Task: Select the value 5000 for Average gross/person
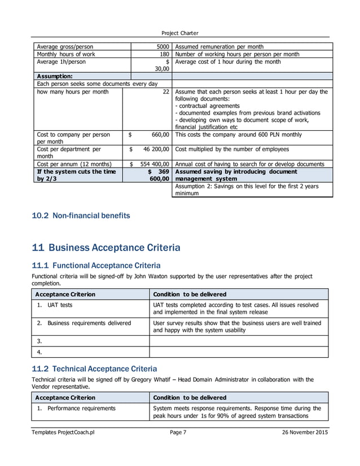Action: pyautogui.click(x=163, y=46)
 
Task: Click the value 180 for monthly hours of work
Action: pyautogui.click(x=164, y=54)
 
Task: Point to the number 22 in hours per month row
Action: pyautogui.click(x=166, y=91)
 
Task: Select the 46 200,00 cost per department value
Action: pyautogui.click(x=153, y=150)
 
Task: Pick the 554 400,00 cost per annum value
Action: pyautogui.click(x=151, y=164)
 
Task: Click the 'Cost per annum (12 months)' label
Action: pyautogui.click(x=74, y=164)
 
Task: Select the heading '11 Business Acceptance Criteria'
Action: pyautogui.click(x=107, y=247)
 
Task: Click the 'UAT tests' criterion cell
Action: pyautogui.click(x=59, y=305)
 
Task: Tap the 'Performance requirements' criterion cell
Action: pyautogui.click(x=81, y=407)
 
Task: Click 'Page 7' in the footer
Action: pyautogui.click(x=180, y=432)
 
